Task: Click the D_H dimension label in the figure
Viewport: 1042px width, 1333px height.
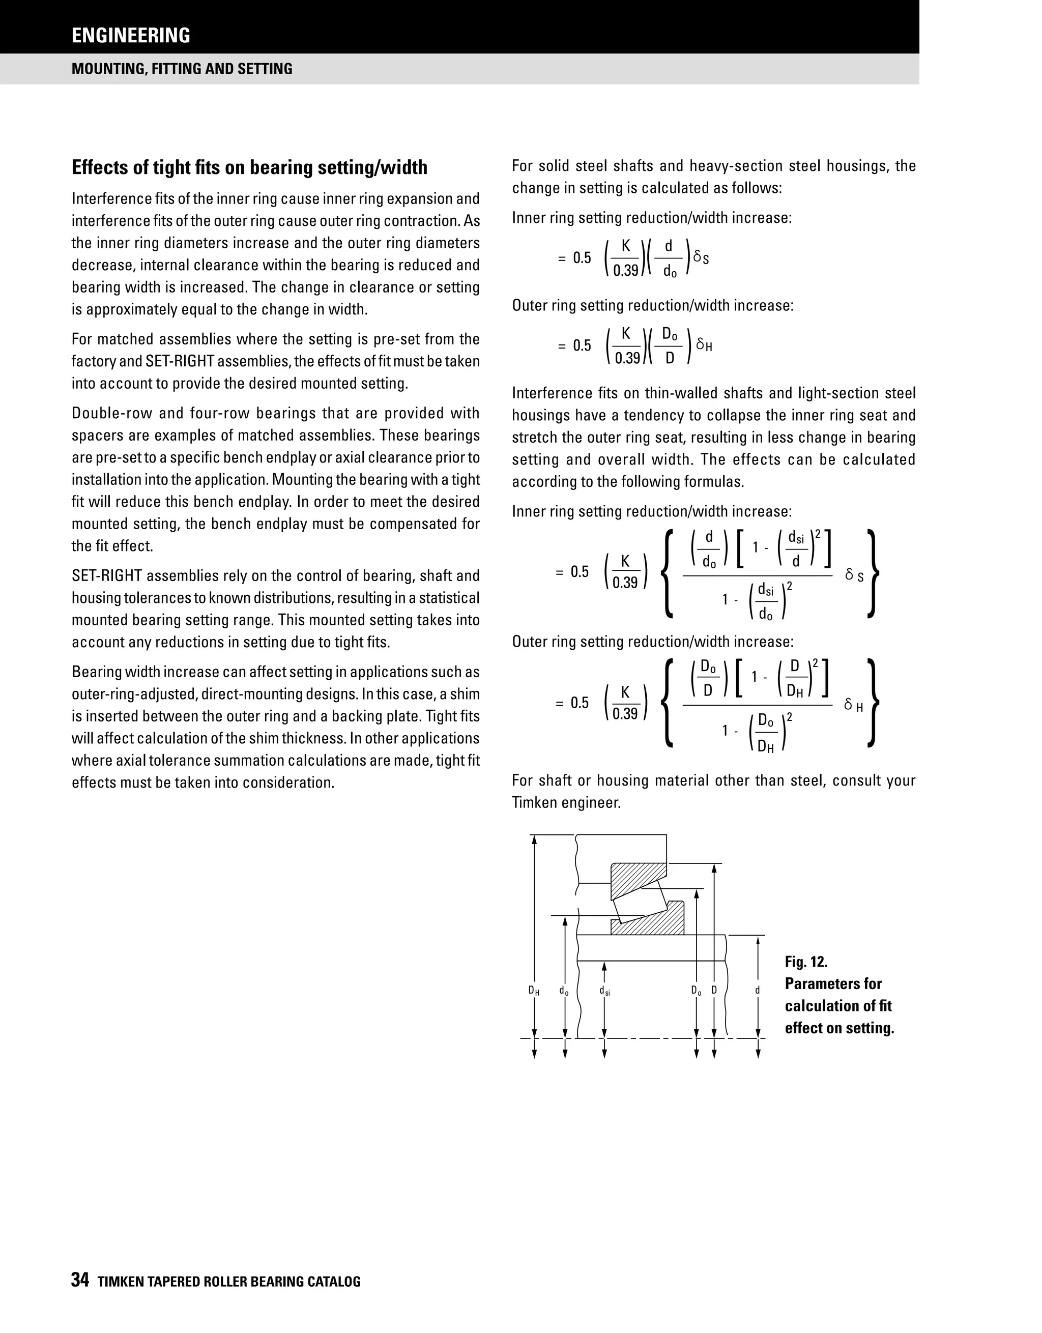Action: tap(534, 991)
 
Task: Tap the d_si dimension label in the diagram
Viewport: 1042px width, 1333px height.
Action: tap(604, 991)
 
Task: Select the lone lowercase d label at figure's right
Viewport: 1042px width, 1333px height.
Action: tap(758, 990)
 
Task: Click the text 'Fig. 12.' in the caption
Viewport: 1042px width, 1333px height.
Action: tap(806, 962)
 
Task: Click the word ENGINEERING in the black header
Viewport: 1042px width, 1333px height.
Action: tap(131, 36)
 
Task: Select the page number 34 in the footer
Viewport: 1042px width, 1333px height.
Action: tap(80, 1280)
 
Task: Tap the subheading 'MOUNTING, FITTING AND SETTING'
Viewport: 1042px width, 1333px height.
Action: tap(182, 68)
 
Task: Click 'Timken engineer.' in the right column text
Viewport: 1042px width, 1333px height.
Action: tap(566, 803)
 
